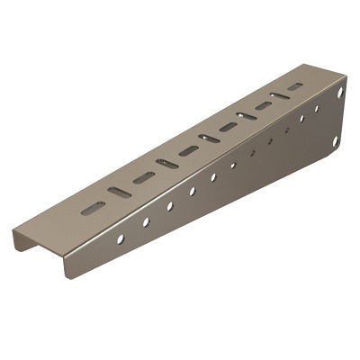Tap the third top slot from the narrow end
point(142,177)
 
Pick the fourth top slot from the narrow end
point(166,164)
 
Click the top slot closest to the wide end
point(295,87)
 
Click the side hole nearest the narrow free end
point(121,238)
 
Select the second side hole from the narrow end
point(146,221)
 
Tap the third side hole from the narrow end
point(170,206)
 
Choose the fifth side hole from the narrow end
point(213,177)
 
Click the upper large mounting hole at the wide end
point(340,93)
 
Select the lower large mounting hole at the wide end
point(335,142)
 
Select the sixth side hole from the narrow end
point(232,166)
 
